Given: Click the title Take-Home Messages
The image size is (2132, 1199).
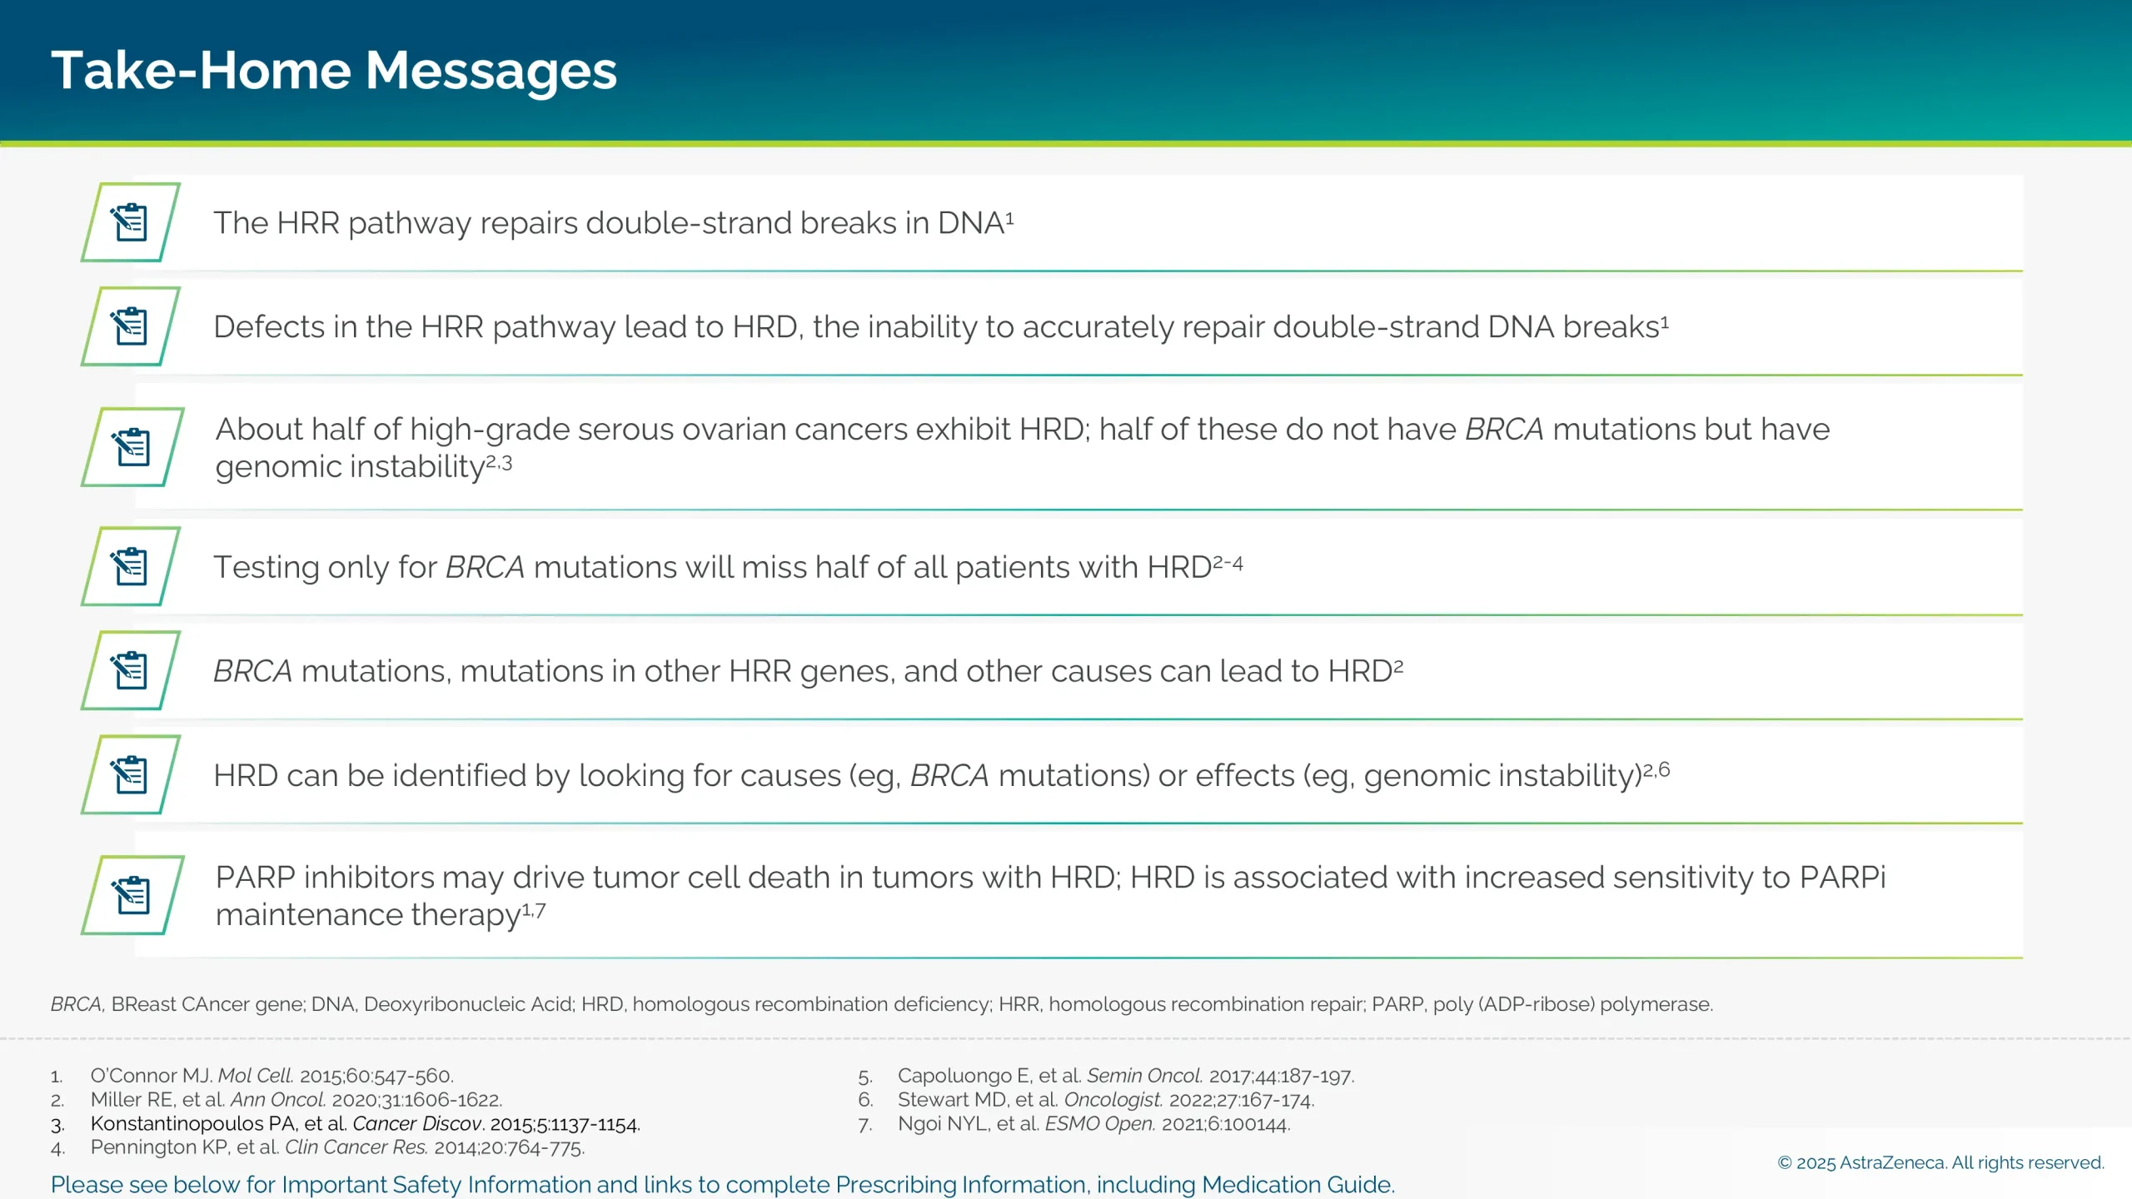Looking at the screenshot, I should pos(333,71).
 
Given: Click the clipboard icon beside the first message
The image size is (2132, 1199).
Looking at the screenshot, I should pos(131,222).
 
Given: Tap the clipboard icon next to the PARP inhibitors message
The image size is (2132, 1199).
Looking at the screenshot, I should pos(132,895).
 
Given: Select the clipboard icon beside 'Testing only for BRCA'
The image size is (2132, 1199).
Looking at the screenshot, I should pos(131,566).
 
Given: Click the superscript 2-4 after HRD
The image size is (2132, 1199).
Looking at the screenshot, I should pos(1228,564).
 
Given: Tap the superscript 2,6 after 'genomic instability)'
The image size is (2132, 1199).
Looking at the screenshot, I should pos(1656,770).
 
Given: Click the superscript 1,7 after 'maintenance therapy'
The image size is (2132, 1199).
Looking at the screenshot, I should pos(534,910).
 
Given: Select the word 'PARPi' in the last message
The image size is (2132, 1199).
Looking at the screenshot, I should pos(1842,878).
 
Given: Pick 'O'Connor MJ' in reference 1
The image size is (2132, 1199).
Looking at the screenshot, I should pos(151,1076).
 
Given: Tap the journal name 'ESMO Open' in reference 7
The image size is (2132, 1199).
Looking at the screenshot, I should pos(1098,1124).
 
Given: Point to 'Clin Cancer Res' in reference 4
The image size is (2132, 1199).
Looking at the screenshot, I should pos(356,1147).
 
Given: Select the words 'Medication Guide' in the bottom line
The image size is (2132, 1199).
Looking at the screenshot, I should pos(1296,1184).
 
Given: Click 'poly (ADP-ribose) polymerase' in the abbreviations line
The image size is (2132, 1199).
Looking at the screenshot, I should pos(1572,1004).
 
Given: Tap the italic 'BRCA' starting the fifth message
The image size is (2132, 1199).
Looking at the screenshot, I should pos(252,671).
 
